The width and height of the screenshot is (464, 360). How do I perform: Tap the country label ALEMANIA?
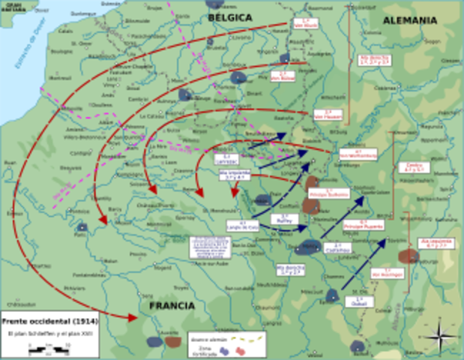[x=409, y=20]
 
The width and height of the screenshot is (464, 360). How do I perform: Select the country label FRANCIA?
[x=172, y=306]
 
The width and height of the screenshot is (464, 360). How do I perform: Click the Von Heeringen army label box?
[x=389, y=274]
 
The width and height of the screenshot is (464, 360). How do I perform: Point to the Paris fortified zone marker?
[x=82, y=227]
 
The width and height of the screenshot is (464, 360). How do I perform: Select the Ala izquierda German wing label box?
[x=439, y=244]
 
